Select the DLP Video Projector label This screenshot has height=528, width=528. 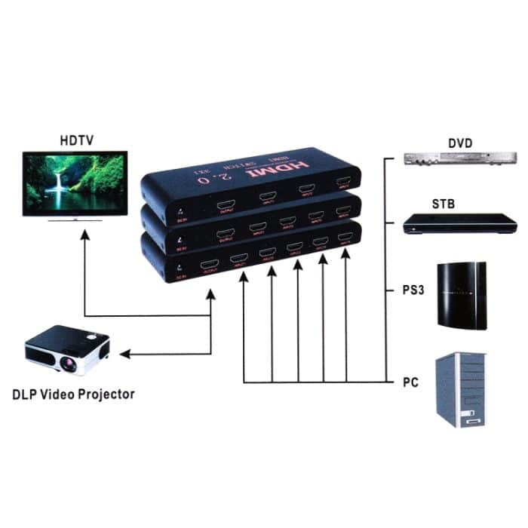pyautogui.click(x=73, y=394)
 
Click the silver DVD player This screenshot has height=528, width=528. pyautogui.click(x=459, y=158)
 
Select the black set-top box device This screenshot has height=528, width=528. pyautogui.click(x=459, y=224)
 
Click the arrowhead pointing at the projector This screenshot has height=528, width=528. pyautogui.click(x=125, y=353)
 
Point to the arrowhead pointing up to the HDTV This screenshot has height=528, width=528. pyautogui.click(x=84, y=235)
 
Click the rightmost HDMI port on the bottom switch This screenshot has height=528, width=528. pyautogui.click(x=345, y=239)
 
